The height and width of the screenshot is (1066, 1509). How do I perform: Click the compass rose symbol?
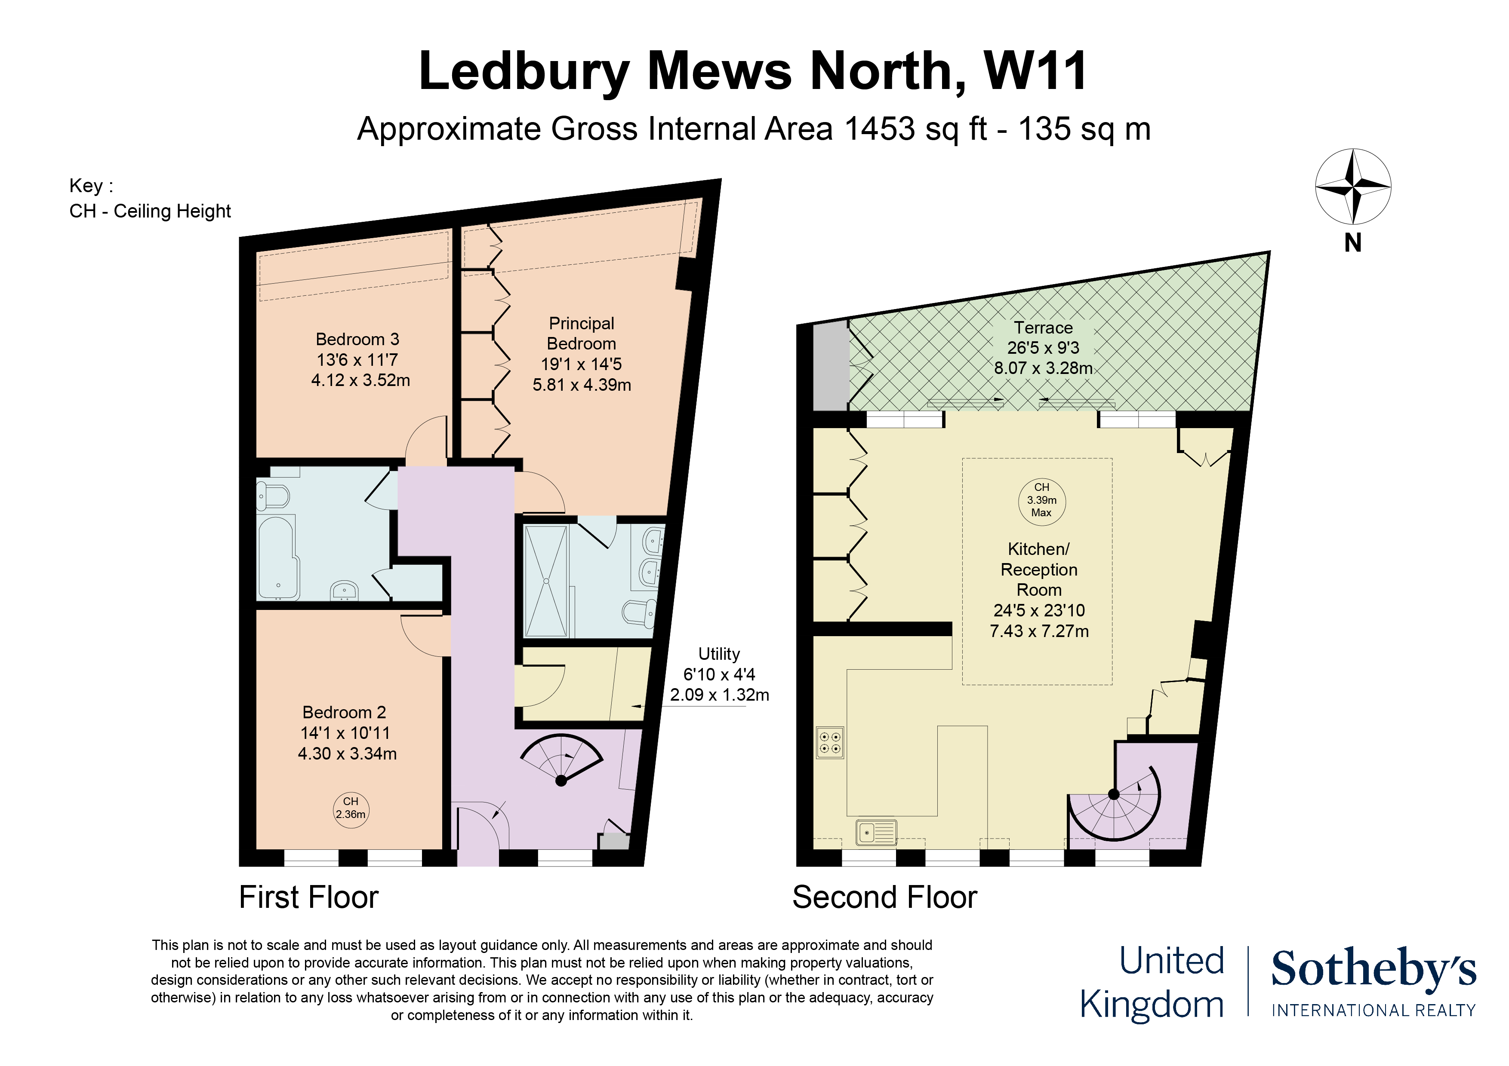point(1352,187)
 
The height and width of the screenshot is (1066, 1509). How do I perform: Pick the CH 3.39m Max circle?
point(1042,500)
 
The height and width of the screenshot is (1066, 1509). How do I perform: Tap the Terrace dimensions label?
point(1043,348)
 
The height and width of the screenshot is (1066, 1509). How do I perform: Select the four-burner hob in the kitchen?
point(829,742)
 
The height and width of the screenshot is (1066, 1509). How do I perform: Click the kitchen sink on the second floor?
point(876,832)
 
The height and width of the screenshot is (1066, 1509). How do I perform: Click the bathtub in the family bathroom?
point(278,558)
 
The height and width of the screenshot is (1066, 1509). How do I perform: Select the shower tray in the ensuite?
point(545,581)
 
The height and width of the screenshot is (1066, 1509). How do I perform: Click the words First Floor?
point(308,897)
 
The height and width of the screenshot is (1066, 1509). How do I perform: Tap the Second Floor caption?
point(885,897)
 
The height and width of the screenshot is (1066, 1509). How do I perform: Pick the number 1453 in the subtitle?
point(879,129)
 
